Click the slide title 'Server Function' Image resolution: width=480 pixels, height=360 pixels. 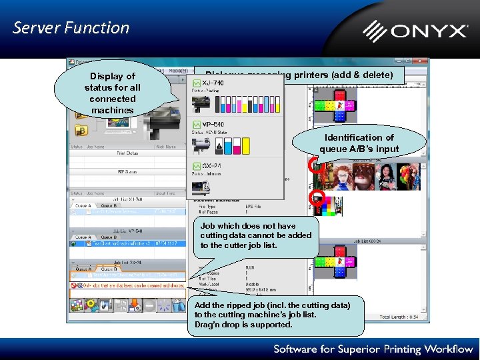click(x=71, y=28)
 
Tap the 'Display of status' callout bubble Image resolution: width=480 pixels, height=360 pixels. click(x=112, y=93)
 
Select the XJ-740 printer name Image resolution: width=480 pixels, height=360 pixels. click(x=213, y=83)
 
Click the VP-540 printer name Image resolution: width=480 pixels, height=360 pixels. click(x=213, y=124)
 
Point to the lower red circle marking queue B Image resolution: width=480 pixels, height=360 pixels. click(x=318, y=197)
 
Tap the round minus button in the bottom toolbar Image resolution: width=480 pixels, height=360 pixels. click(x=149, y=305)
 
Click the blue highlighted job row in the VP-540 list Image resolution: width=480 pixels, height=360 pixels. click(x=127, y=244)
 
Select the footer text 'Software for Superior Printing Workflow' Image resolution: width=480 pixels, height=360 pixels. click(x=372, y=349)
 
